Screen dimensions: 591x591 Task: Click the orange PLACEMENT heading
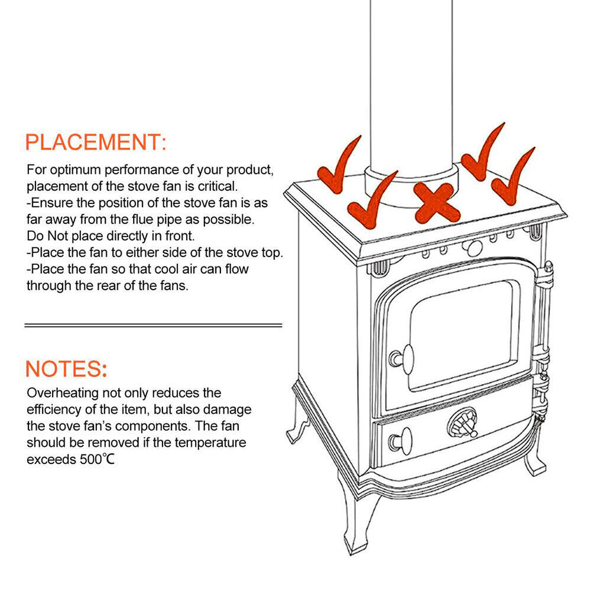tap(96, 142)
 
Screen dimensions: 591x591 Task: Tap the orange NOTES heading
tap(66, 369)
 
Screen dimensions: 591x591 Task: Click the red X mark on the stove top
tap(437, 202)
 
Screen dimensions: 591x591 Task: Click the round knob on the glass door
tap(402, 359)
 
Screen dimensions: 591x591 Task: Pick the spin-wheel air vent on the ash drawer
tap(463, 423)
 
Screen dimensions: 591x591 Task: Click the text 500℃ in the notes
tap(97, 459)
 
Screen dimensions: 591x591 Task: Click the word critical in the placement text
tap(218, 186)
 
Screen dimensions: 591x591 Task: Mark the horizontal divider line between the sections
tap(153, 325)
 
